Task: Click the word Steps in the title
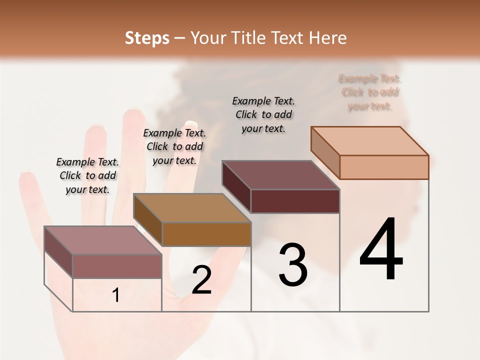pos(147,38)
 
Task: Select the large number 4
pos(381,250)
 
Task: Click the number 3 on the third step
pos(292,265)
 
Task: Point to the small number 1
pos(116,295)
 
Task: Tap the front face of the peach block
pos(384,167)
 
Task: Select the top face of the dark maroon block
pos(281,175)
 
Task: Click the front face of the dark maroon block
pos(295,201)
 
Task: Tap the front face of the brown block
pos(206,234)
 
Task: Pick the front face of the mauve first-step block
pos(117,266)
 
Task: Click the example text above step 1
pos(87,175)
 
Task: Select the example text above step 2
pos(174,146)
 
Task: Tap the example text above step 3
pos(263,114)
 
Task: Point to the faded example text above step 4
pos(369,92)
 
